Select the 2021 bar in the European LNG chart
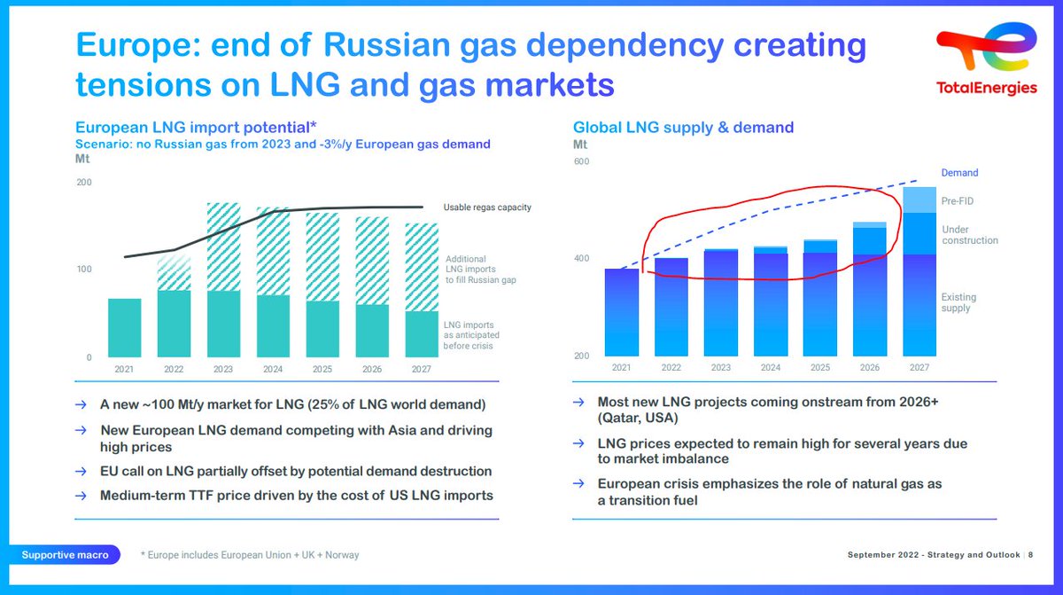point(125,326)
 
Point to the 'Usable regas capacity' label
point(487,207)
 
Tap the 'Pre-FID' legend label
point(956,201)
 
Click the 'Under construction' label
point(969,234)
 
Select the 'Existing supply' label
point(958,302)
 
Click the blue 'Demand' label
point(959,173)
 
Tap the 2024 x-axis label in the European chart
point(273,369)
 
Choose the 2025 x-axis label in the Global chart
point(819,368)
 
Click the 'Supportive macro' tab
point(66,555)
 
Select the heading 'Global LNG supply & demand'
point(683,128)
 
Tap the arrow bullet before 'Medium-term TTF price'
point(81,495)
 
